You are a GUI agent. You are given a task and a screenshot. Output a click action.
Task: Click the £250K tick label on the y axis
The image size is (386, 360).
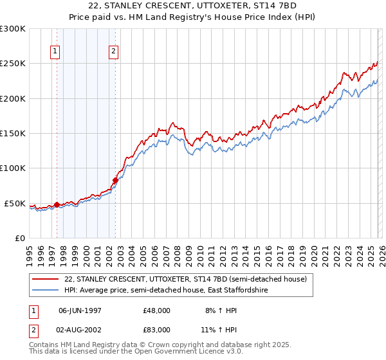point(13,64)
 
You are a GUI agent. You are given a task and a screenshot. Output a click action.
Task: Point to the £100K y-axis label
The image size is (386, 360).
point(13,168)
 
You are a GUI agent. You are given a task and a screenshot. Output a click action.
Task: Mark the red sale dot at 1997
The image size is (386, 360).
point(57,205)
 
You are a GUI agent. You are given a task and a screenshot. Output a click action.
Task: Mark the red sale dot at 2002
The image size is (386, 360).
point(116,181)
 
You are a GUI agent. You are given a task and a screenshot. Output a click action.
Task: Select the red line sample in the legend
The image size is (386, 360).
point(46,279)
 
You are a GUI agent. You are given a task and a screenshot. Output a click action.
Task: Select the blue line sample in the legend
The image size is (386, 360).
point(46,291)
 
